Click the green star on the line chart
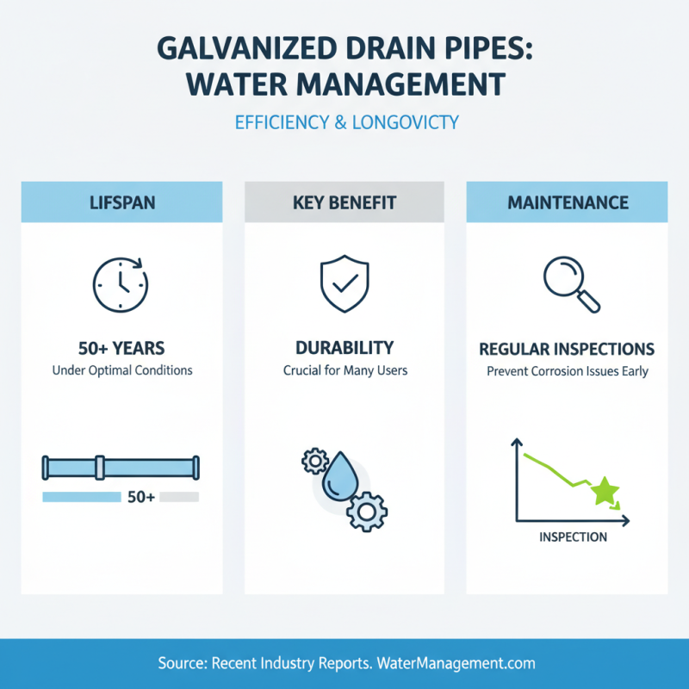pos(605,491)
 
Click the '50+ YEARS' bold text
pos(121,349)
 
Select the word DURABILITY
pos(344,348)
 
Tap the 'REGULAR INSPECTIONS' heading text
pos(567,349)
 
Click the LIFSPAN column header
pos(121,204)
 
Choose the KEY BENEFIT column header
pos(344,204)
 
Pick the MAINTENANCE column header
pos(568,204)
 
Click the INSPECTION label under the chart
pos(573,537)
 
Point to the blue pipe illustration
pos(121,468)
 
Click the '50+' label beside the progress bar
pos(140,497)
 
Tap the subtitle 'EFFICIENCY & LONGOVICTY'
pos(346,123)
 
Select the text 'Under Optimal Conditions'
pos(121,371)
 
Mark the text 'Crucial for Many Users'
pos(344,371)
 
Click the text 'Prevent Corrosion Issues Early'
pos(567,372)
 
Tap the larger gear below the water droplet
pos(367,512)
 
